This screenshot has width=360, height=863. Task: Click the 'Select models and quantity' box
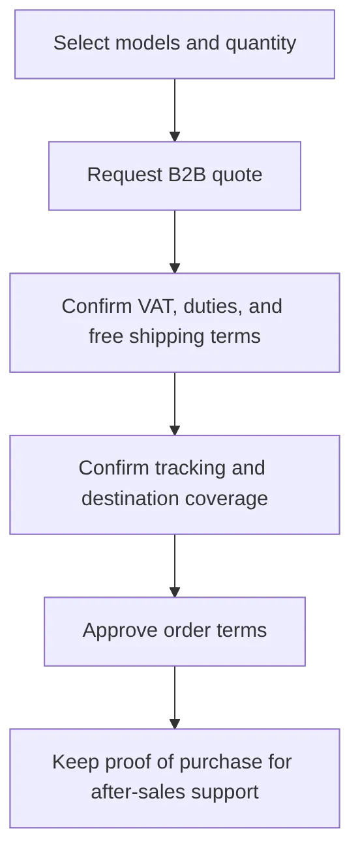tap(175, 44)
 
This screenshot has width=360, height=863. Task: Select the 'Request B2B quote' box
tap(175, 176)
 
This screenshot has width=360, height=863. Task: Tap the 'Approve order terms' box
tap(175, 632)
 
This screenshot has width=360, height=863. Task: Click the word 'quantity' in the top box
tap(261, 44)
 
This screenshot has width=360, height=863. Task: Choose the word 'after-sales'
tap(138, 792)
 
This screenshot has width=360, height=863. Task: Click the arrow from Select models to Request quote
tap(175, 110)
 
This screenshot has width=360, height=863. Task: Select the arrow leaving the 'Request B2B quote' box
tap(175, 242)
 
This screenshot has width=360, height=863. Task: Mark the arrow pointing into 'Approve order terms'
tap(175, 566)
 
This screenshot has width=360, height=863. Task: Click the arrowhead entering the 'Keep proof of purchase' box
tap(175, 724)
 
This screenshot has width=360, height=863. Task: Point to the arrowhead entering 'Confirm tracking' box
tap(175, 430)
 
